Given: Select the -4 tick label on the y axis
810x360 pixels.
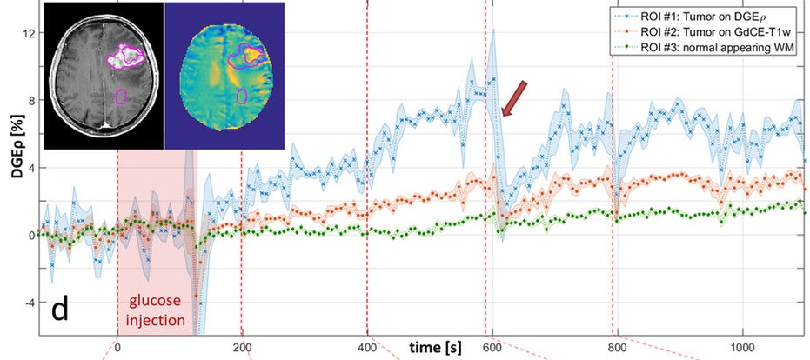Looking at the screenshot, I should point(29,303).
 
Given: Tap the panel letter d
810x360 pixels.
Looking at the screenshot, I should point(60,309).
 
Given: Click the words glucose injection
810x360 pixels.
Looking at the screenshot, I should point(157,310).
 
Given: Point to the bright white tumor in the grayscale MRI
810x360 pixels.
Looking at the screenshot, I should point(127,57).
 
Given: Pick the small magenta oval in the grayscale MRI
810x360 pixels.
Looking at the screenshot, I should point(121,97).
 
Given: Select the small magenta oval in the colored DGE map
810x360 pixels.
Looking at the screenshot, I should point(241,96).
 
